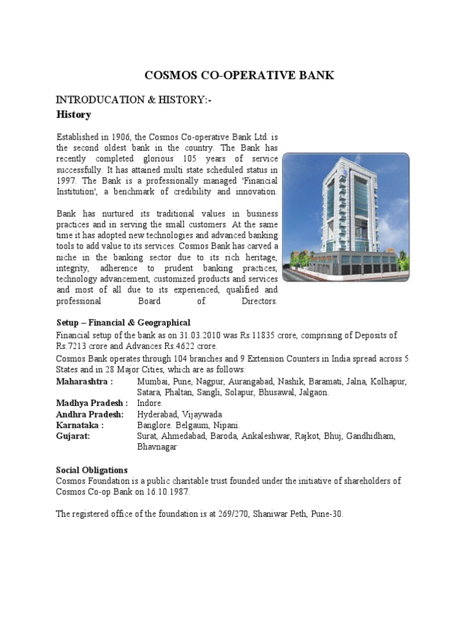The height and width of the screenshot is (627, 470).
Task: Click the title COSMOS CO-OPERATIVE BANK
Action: pos(239,75)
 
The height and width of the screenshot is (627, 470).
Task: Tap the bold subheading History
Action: pos(73,115)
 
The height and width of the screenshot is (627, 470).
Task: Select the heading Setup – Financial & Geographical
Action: pos(123,322)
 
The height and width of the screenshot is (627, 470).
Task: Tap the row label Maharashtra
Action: pos(84,381)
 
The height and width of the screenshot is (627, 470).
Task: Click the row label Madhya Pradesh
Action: pos(92,403)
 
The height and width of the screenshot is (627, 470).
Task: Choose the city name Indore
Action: pos(150,403)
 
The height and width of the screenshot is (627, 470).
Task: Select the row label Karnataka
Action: pos(80,425)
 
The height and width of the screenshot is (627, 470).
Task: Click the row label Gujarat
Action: pos(73,436)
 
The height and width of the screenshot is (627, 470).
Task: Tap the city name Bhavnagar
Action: pos(157,447)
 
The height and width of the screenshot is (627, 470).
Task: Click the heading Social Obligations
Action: pos(92,470)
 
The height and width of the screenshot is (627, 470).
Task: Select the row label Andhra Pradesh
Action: pos(89,414)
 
